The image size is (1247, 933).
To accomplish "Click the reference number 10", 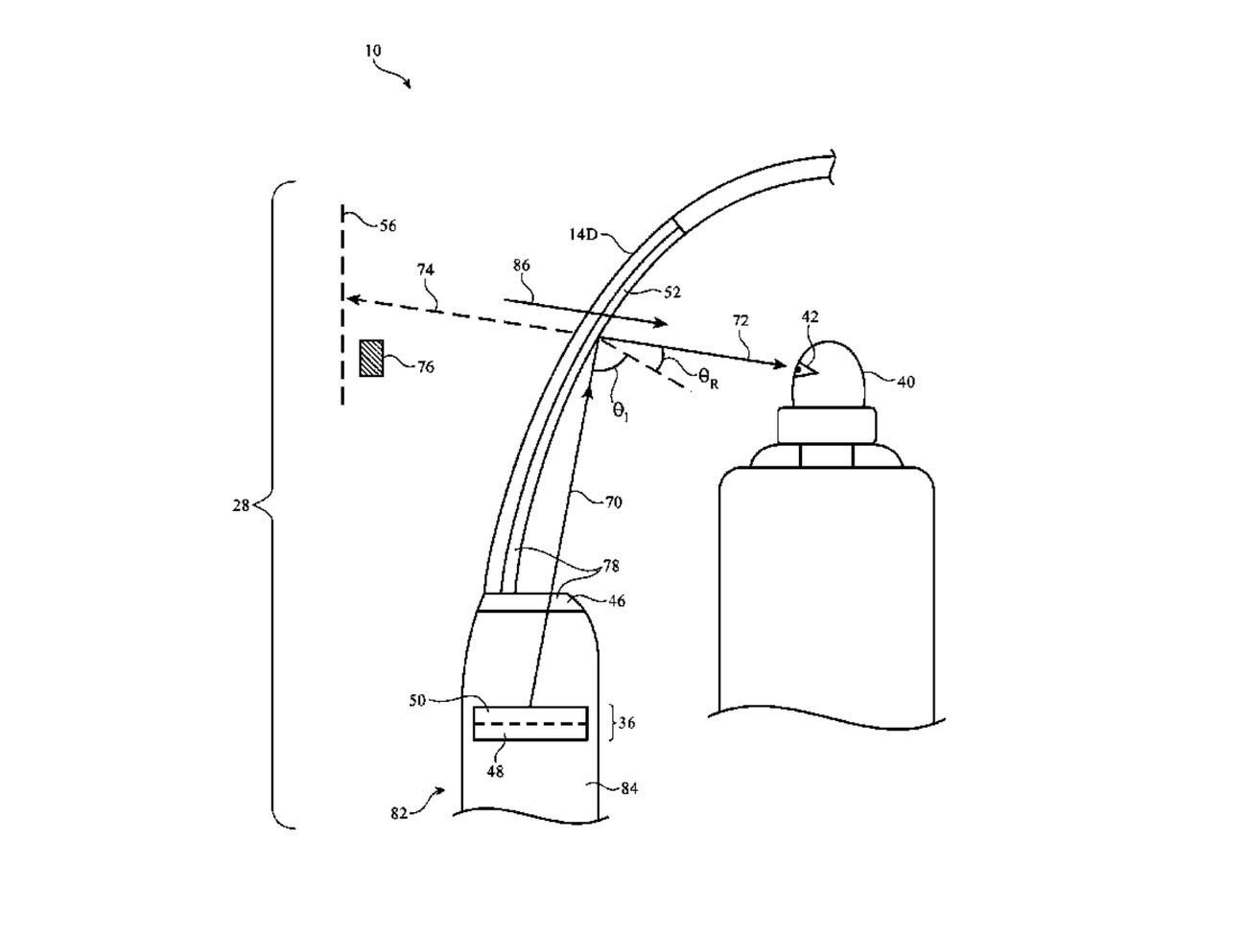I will tap(372, 50).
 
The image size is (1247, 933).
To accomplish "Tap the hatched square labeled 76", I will tap(370, 358).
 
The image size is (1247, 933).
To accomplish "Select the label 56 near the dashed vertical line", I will tap(387, 226).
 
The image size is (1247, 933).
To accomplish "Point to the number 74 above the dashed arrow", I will tap(425, 270).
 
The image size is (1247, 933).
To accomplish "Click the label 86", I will tap(521, 266).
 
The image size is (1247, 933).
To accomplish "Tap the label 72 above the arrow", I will tap(741, 320).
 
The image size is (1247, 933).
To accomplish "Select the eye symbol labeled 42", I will tap(801, 367).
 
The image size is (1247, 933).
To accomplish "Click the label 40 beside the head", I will tap(906, 382).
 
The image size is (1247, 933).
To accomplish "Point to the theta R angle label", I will tap(709, 379).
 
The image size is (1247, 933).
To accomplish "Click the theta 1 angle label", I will tap(622, 410).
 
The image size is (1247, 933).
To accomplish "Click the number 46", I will tap(617, 601).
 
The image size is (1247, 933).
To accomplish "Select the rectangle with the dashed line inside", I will tap(530, 723).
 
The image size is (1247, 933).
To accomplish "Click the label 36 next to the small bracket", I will tap(626, 724).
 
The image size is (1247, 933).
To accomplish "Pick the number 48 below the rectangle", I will tap(496, 769).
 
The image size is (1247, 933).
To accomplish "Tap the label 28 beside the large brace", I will tap(241, 505).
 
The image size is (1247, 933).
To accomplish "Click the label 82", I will tap(399, 813).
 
